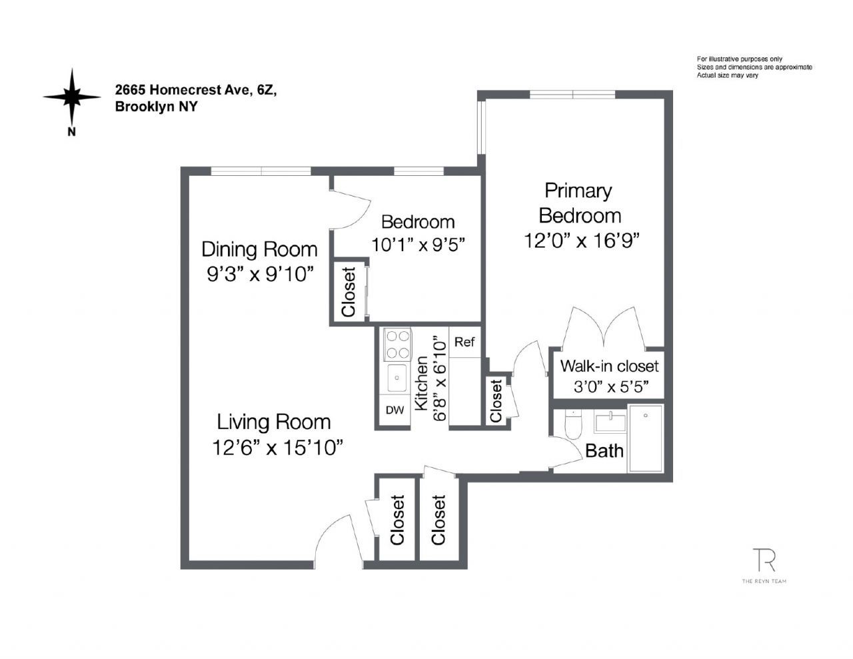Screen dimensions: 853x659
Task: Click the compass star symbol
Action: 72,97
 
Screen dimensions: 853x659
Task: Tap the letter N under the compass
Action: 71,132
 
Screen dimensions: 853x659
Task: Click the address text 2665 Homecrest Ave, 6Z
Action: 196,90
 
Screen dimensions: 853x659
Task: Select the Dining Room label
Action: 259,249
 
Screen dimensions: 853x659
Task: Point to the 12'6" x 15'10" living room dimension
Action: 277,448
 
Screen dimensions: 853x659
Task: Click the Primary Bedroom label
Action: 579,203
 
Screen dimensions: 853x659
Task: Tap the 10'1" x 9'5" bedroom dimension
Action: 418,245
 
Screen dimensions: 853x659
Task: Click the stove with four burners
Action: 397,344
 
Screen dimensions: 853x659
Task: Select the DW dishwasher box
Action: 395,410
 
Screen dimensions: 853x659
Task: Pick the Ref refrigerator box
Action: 464,342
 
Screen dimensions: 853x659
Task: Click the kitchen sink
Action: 397,378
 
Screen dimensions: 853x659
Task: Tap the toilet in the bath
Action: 572,424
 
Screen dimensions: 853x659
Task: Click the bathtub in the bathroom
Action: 646,438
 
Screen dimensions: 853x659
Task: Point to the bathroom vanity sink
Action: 610,421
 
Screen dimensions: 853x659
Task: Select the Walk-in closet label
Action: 609,366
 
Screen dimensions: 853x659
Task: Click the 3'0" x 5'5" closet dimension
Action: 611,387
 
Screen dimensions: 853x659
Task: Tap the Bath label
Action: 604,450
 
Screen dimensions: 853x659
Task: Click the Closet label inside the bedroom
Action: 349,292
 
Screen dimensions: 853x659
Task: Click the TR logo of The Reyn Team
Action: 764,560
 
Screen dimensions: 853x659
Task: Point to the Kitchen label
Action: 421,383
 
